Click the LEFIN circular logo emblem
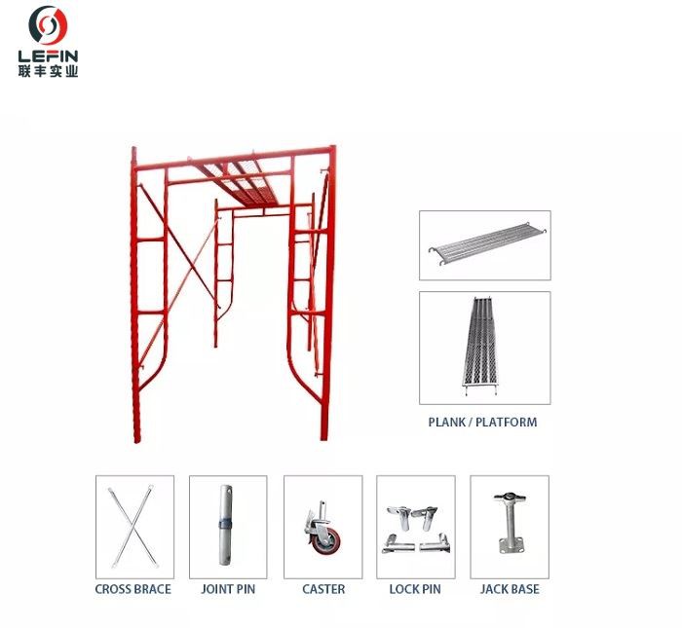point(48,25)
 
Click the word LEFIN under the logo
point(48,56)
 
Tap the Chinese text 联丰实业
point(48,71)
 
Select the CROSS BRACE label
point(133,589)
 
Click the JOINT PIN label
point(228,589)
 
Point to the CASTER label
point(323,589)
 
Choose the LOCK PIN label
point(415,589)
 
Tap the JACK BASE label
point(510,589)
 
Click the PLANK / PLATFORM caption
point(482,422)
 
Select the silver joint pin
point(225,525)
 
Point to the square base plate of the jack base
point(511,545)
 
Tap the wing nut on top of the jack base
point(510,497)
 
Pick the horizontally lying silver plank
point(487,243)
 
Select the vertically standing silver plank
point(479,346)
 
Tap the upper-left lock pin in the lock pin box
point(399,516)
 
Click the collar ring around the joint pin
point(225,524)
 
